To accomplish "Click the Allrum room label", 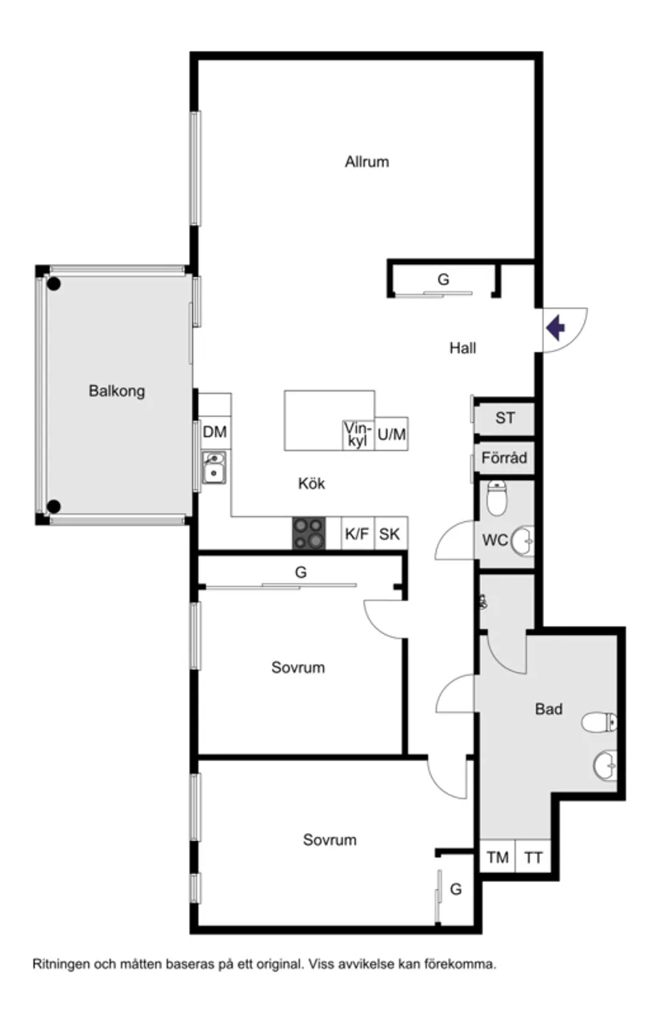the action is [366, 162].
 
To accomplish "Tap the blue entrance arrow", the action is [555, 327].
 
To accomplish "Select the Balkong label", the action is [117, 391].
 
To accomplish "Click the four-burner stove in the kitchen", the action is [309, 533].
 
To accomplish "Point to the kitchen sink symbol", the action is [214, 467].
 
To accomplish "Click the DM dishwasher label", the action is [214, 431].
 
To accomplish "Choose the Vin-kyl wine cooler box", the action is [358, 435].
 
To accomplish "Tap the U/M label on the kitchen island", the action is [391, 435].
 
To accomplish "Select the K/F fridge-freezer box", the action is [358, 533].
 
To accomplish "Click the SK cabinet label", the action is [389, 534].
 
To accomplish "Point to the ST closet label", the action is [505, 418].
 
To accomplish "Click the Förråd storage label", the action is [504, 458].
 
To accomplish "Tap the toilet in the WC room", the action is [497, 498].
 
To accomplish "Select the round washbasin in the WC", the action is [522, 541].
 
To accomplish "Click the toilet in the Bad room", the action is [599, 722].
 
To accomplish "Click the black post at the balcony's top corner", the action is [54, 284].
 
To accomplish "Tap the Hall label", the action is [462, 348].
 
